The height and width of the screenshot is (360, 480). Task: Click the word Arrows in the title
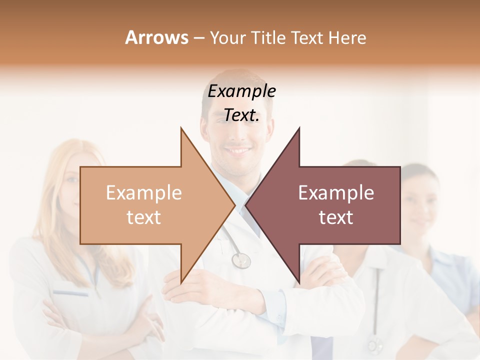[x=156, y=37]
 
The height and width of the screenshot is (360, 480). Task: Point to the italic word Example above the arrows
[x=241, y=91]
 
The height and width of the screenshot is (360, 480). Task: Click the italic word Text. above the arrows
[x=241, y=115]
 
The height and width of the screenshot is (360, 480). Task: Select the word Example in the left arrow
[x=144, y=192]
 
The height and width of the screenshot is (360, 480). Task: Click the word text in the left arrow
[x=144, y=217]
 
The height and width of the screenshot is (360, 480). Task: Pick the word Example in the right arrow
[x=336, y=192]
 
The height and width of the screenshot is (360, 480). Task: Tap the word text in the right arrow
[x=336, y=217]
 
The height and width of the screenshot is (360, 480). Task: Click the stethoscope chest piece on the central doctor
[x=241, y=260]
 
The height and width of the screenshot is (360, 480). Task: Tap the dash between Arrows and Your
[x=198, y=38]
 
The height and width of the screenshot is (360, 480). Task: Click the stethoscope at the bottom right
[x=373, y=344]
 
